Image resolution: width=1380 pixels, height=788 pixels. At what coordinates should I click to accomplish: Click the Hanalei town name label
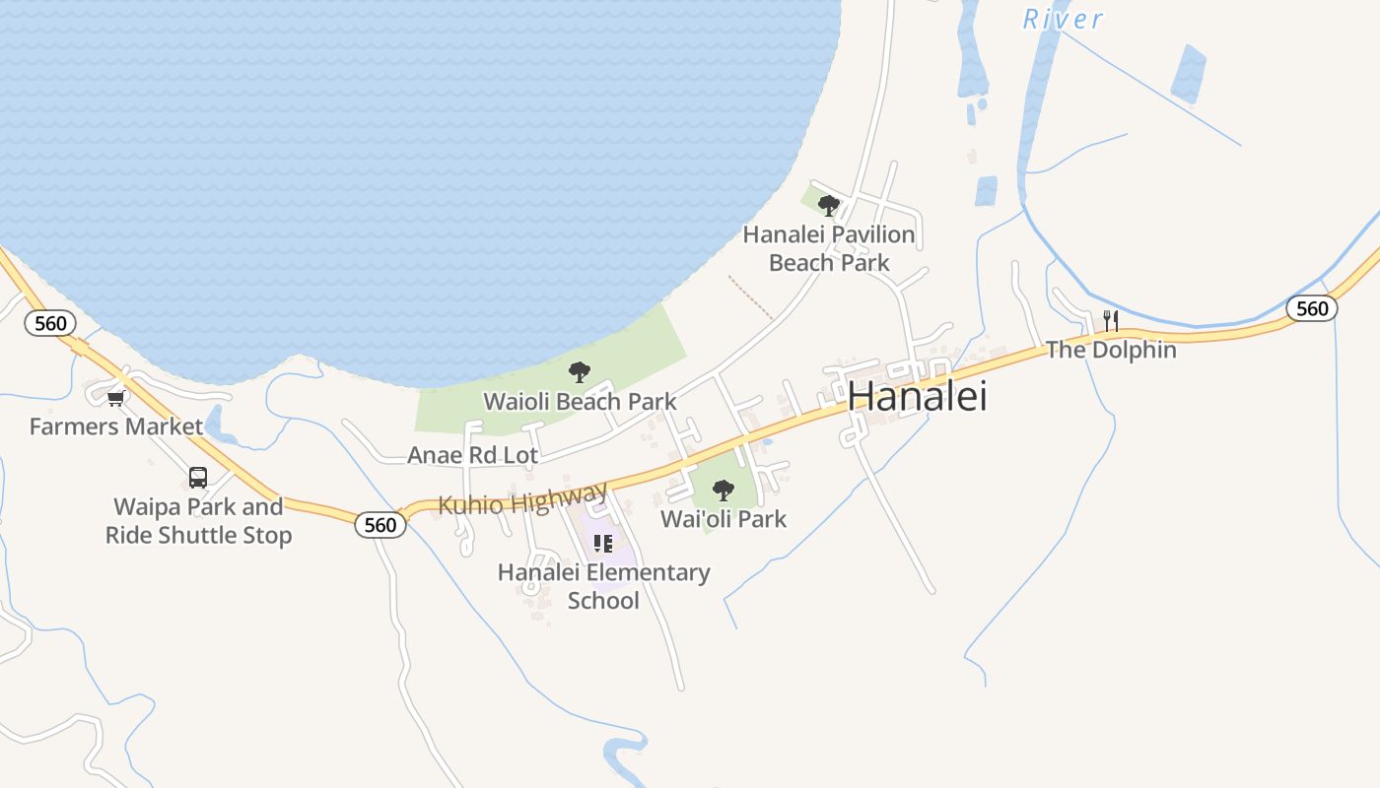[x=917, y=396]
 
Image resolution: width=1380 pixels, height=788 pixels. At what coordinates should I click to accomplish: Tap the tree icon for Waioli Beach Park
[x=580, y=372]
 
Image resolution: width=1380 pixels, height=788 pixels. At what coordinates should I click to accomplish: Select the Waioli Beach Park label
[x=580, y=402]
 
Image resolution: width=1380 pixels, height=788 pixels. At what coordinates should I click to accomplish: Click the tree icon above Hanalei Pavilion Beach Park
[x=829, y=206]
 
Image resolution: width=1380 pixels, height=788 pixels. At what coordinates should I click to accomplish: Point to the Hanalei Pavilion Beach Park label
[x=829, y=249]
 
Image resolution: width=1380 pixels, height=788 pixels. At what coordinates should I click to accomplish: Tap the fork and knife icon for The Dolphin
[x=1111, y=320]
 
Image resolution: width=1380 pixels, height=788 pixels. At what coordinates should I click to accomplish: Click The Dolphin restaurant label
[x=1111, y=350]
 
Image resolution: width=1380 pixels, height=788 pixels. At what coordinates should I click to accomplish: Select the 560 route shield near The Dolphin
[x=1312, y=308]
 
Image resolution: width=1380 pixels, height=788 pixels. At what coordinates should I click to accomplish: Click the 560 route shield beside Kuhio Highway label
[x=380, y=524]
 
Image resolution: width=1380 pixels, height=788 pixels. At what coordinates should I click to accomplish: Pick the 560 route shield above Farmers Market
[x=50, y=323]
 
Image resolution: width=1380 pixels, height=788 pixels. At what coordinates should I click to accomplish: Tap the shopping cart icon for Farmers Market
[x=116, y=398]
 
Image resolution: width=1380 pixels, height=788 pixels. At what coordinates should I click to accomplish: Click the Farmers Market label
[x=116, y=427]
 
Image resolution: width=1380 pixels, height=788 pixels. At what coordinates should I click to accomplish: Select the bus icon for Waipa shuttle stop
[x=198, y=478]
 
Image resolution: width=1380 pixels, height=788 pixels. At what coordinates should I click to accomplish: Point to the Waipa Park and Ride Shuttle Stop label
[x=198, y=521]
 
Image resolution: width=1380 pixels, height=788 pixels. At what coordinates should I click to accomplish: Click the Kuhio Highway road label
[x=522, y=499]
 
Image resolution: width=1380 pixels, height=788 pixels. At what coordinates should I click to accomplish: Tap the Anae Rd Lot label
[x=473, y=455]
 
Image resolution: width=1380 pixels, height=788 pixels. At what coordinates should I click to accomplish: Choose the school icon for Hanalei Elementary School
[x=603, y=544]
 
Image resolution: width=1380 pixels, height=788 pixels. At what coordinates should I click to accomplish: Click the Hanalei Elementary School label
[x=603, y=586]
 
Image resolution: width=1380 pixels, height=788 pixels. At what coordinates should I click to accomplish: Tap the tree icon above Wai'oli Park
[x=724, y=490]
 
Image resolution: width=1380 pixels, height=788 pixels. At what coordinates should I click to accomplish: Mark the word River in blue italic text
[x=1063, y=19]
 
